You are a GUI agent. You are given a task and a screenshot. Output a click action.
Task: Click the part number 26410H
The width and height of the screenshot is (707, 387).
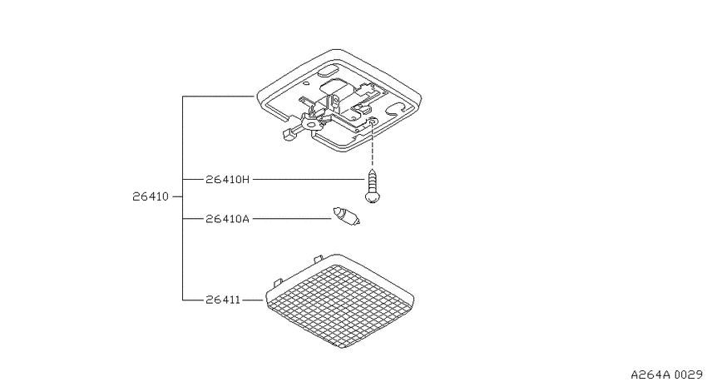(227, 180)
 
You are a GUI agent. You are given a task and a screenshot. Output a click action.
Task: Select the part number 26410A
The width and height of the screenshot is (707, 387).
(227, 219)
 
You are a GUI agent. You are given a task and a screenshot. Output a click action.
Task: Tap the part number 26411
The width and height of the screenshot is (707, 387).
(223, 300)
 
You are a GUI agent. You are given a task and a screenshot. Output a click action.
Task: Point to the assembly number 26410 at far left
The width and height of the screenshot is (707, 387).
(151, 196)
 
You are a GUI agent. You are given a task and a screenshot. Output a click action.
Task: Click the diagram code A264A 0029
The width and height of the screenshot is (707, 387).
(666, 375)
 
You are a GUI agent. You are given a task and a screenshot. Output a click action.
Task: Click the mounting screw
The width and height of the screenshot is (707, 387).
(372, 186)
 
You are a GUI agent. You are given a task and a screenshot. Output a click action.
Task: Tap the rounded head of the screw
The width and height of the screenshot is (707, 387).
(372, 197)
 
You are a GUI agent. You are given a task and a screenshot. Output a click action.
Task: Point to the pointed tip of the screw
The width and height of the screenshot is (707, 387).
(372, 170)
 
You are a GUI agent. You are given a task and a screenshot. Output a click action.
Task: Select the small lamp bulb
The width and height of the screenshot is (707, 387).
(346, 216)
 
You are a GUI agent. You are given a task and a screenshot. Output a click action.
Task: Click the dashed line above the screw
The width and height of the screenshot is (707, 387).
(373, 144)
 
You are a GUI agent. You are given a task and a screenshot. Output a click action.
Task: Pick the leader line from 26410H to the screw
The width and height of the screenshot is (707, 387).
(309, 180)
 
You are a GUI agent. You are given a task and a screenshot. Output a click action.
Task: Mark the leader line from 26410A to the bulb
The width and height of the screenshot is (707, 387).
(292, 219)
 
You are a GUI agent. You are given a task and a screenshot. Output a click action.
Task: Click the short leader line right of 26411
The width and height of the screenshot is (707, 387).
(253, 300)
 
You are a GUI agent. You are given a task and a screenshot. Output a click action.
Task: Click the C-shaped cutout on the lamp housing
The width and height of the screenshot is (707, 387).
(395, 106)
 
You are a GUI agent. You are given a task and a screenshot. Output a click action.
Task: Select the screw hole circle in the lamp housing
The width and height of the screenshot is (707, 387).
(373, 121)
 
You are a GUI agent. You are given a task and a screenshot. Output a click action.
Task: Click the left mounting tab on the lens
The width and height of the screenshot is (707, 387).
(278, 282)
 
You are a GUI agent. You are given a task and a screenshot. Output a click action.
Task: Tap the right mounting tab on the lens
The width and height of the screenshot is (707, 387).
(319, 259)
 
